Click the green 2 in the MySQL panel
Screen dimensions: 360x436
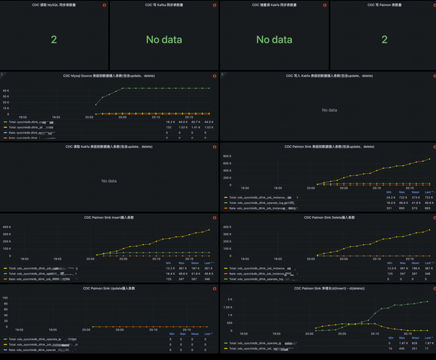[54, 40]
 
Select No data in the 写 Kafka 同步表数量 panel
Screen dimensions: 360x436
[163, 40]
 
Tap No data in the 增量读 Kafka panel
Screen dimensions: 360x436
[274, 40]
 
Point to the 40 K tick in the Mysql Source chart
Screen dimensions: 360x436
[5, 90]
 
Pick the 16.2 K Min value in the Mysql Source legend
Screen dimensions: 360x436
[170, 122]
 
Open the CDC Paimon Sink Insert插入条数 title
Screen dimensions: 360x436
[109, 217]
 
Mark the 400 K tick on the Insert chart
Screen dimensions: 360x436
[6, 227]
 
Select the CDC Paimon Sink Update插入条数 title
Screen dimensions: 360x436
[109, 288]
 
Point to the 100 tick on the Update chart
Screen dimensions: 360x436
[6, 298]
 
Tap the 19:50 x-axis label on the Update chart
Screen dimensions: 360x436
[23, 329]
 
